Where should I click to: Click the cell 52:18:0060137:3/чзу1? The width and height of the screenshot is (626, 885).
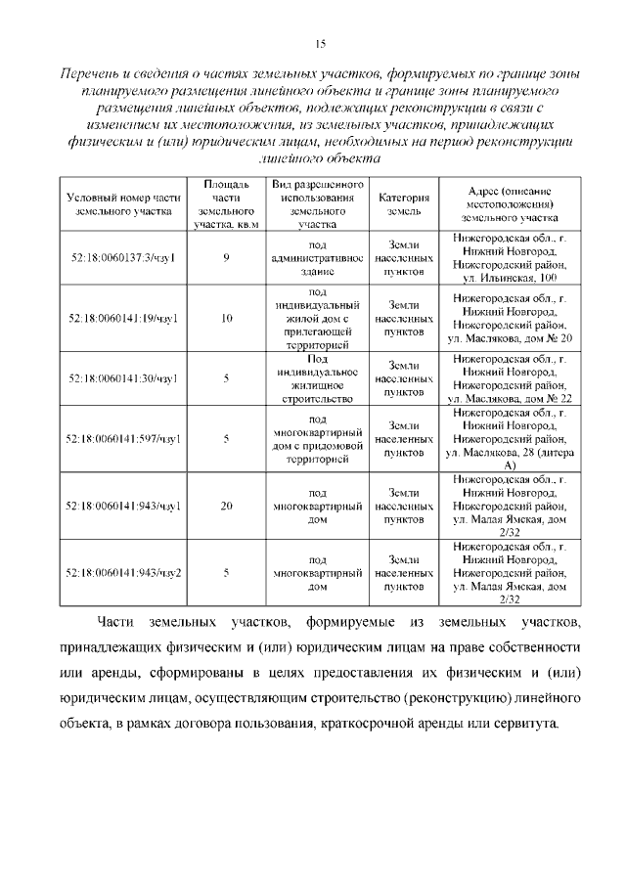pos(122,257)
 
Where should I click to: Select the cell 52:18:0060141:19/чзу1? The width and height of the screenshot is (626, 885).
pos(122,318)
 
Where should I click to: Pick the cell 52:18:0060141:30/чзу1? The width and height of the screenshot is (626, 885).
pos(122,378)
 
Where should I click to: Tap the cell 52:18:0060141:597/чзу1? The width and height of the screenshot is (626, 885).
pos(122,439)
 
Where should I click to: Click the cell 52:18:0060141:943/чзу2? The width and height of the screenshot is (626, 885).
pos(122,572)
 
